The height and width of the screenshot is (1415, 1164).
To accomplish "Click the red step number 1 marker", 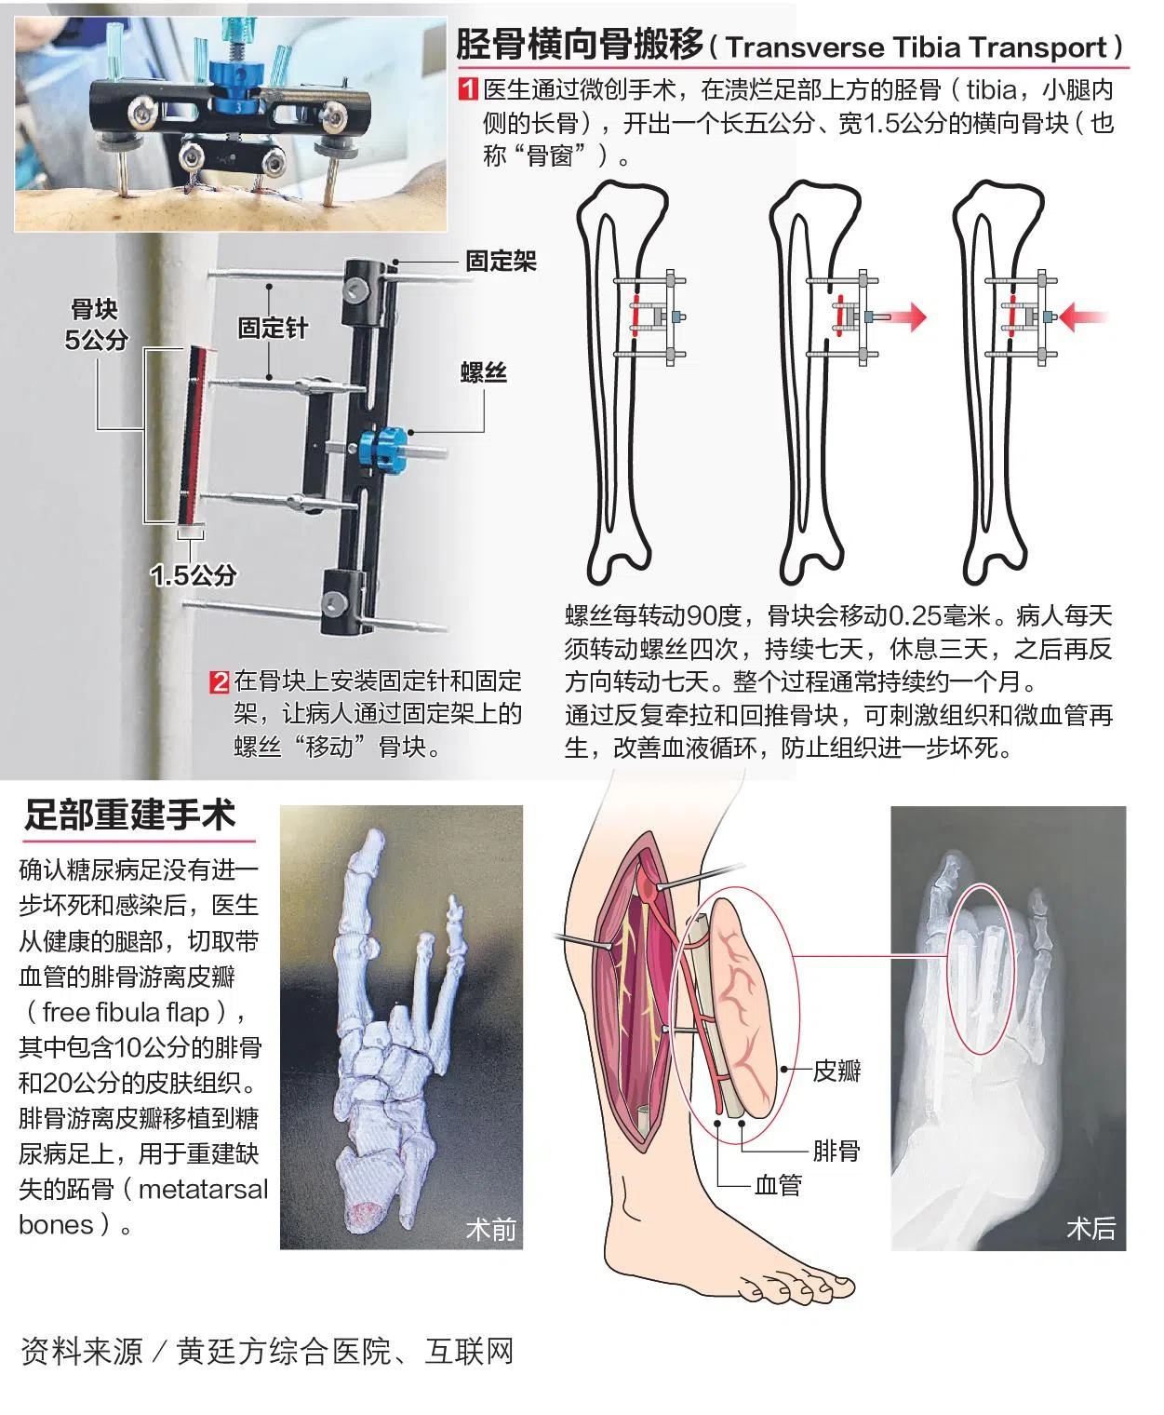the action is (467, 89).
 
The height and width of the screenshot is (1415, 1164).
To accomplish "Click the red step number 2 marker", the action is (220, 681).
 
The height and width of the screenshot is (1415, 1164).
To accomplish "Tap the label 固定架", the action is (501, 261).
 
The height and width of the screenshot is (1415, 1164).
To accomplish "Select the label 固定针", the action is (273, 328).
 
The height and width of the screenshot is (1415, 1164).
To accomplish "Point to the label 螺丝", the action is (484, 372).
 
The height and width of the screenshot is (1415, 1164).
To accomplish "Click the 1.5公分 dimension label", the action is (194, 575).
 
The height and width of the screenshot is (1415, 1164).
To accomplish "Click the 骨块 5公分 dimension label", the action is (95, 325).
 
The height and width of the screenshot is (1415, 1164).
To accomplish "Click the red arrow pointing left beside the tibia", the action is (1084, 317).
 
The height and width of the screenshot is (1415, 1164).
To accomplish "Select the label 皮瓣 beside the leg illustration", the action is (836, 1071).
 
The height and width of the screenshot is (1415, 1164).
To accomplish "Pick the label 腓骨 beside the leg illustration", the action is (836, 1151).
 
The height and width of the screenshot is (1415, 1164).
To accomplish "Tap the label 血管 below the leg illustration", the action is (778, 1185).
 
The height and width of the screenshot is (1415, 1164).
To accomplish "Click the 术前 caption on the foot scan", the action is (490, 1230).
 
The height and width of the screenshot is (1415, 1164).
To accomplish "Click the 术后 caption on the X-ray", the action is (1090, 1229).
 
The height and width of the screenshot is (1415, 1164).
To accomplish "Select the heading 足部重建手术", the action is (130, 815).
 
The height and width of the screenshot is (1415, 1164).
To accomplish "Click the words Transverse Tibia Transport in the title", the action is (916, 47).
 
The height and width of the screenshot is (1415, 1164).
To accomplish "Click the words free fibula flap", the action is (126, 1013).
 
